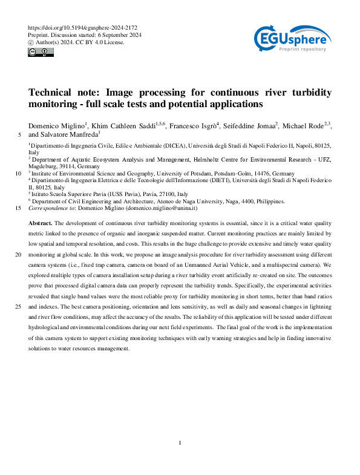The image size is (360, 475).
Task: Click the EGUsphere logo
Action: tap(292, 41)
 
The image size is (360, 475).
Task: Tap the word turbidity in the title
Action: tap(308, 93)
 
